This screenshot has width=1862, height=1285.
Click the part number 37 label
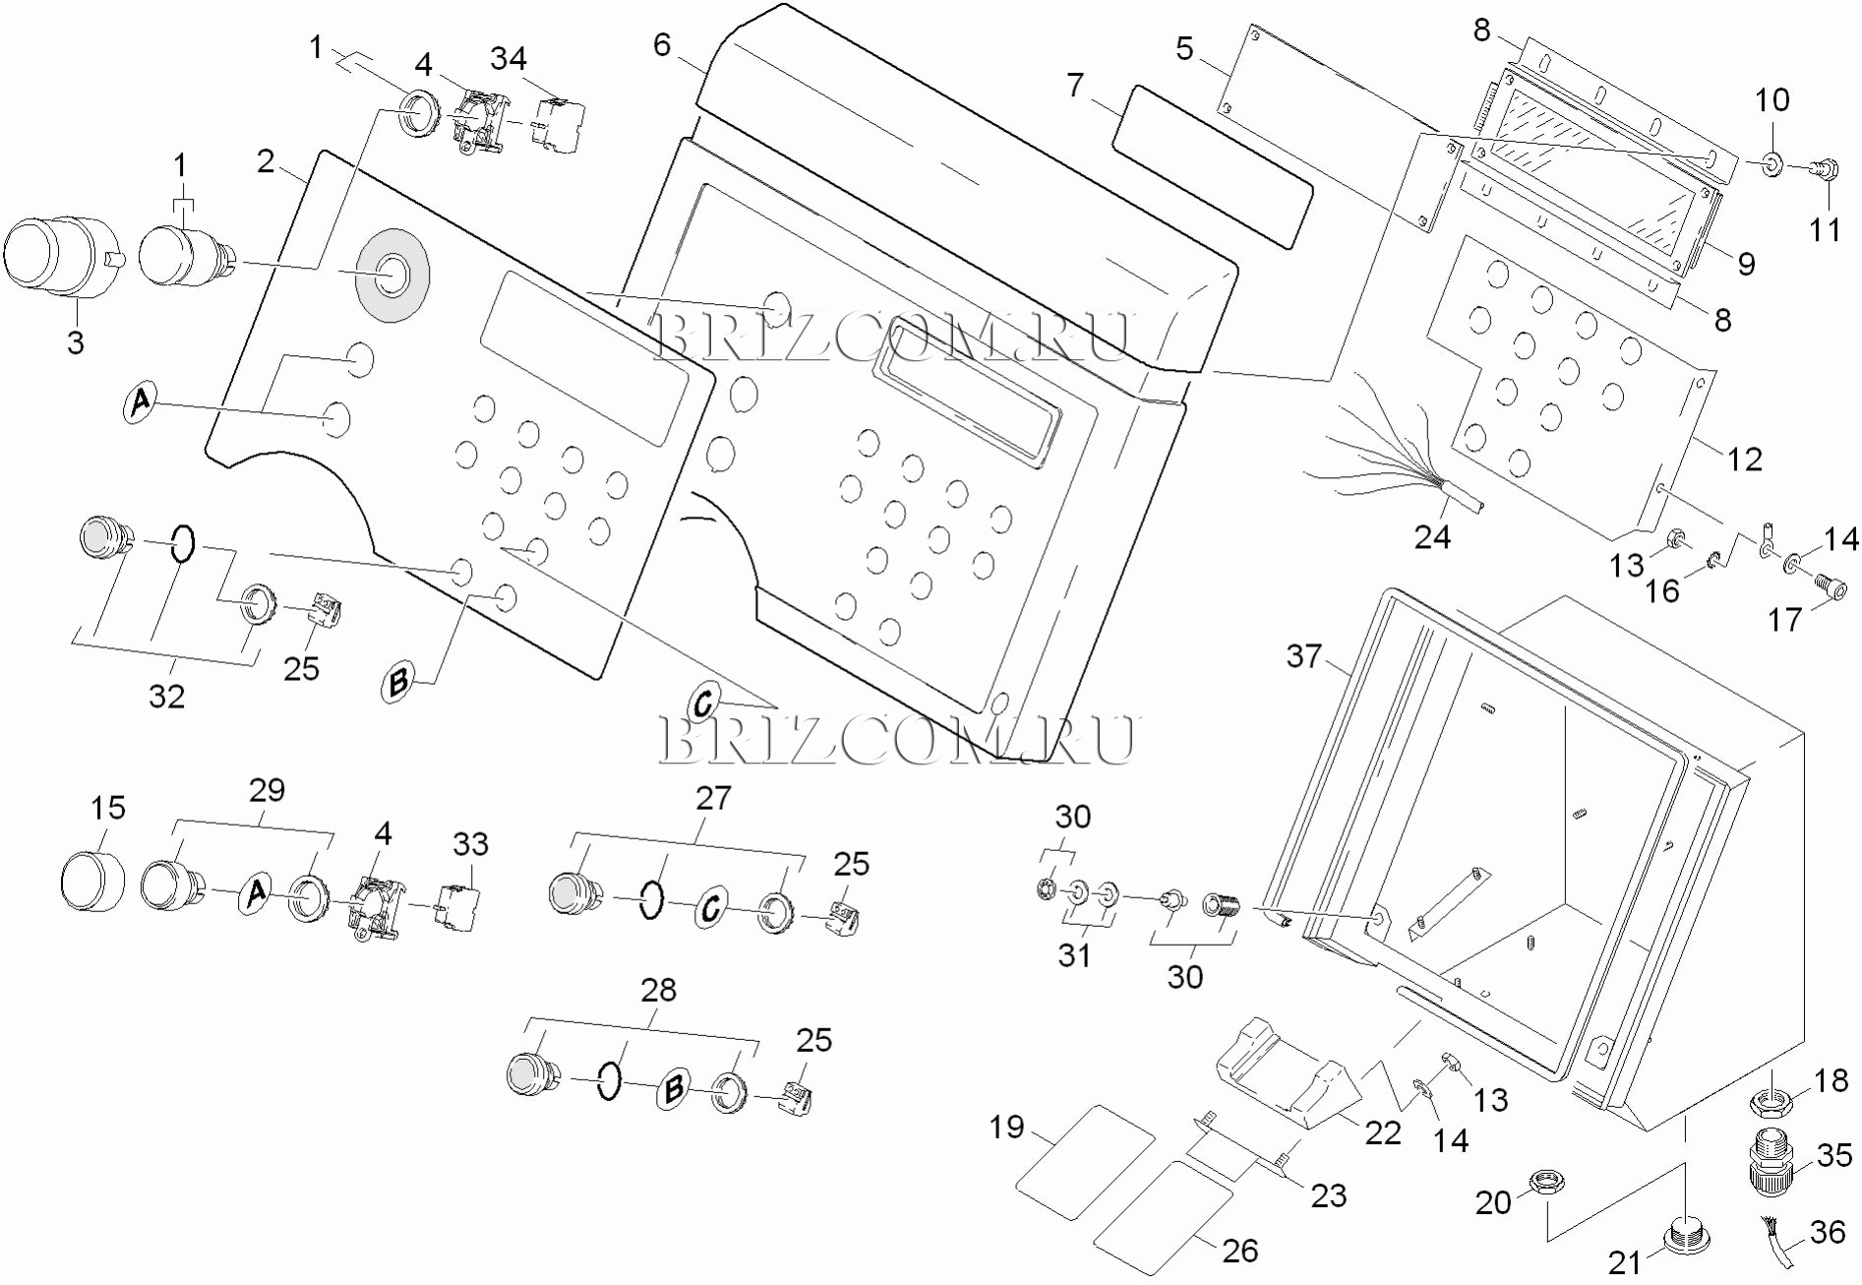tap(1304, 656)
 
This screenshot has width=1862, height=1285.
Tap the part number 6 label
tap(662, 45)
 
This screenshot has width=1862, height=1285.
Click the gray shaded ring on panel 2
tap(392, 275)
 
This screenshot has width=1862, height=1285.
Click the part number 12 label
tap(1745, 459)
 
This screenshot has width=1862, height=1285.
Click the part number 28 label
tap(659, 990)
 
